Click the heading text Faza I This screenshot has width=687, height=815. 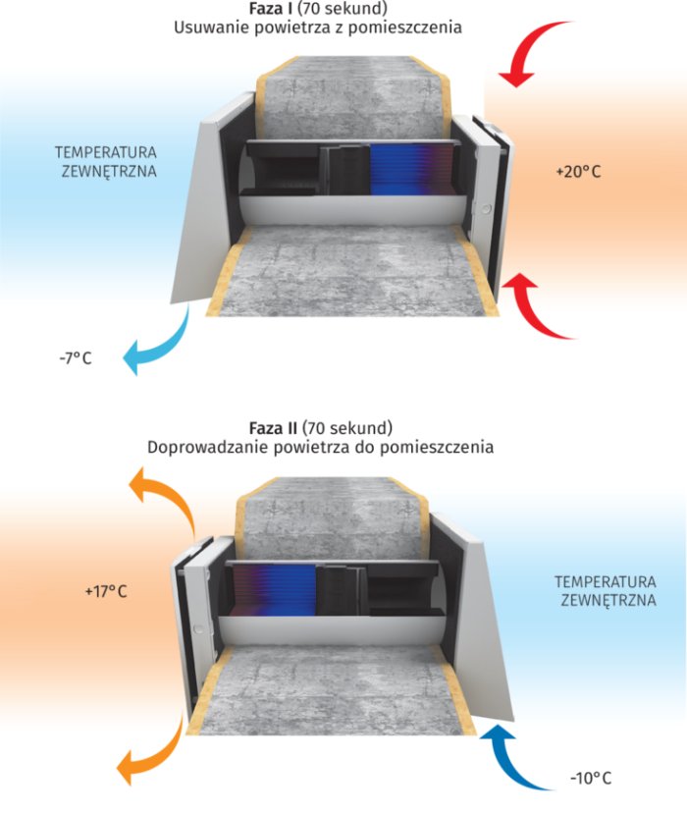pos(266,9)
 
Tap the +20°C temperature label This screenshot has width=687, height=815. pos(577,172)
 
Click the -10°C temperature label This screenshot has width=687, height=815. pos(590,778)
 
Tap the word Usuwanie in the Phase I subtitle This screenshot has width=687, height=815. pos(208,27)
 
